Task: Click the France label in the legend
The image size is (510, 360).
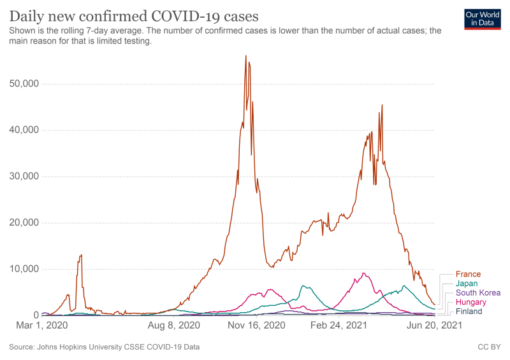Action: [469, 274]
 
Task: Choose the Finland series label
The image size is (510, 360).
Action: [469, 312]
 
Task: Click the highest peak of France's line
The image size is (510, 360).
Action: [246, 55]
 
